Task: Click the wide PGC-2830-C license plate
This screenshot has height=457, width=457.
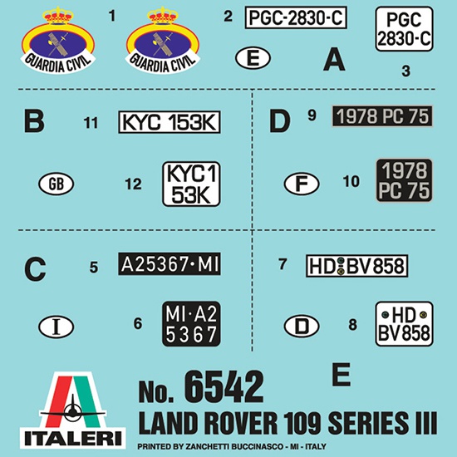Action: pyautogui.click(x=296, y=17)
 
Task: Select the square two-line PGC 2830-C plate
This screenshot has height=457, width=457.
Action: pyautogui.click(x=404, y=29)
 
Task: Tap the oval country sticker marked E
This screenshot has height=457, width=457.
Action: pyautogui.click(x=253, y=58)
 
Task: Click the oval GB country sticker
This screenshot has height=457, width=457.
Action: pyautogui.click(x=57, y=184)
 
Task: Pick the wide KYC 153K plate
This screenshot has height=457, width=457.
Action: pyautogui.click(x=169, y=122)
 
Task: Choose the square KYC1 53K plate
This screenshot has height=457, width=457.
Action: pyautogui.click(x=191, y=184)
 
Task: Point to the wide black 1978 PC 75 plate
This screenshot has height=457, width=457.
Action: pyautogui.click(x=382, y=116)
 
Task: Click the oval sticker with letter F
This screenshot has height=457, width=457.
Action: pyautogui.click(x=302, y=184)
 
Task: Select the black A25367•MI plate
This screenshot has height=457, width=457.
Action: pyautogui.click(x=170, y=264)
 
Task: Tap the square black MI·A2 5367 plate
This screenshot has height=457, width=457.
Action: pyautogui.click(x=191, y=324)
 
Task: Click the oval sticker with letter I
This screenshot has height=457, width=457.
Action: pyautogui.click(x=57, y=327)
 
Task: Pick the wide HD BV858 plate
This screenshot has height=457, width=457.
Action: pyautogui.click(x=356, y=266)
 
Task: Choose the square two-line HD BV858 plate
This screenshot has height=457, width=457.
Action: pyautogui.click(x=405, y=324)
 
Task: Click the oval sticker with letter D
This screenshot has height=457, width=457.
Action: pyautogui.click(x=302, y=327)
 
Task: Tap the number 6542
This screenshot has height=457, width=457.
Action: pyautogui.click(x=224, y=387)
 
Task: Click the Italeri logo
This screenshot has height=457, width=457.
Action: pyautogui.click(x=73, y=410)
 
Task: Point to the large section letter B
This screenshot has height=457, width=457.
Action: pyautogui.click(x=34, y=121)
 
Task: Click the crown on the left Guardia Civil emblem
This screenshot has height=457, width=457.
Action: pyautogui.click(x=57, y=16)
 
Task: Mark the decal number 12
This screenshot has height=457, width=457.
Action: pyautogui.click(x=133, y=184)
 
